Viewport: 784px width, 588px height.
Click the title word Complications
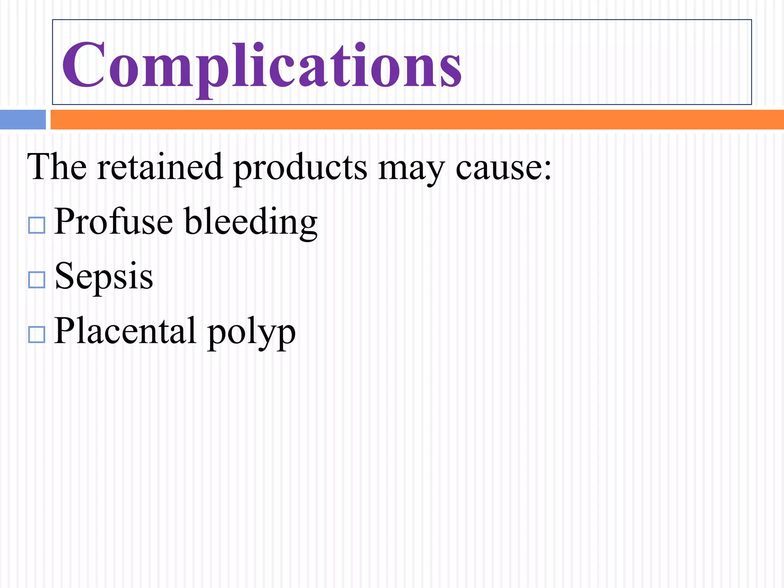coord(262,65)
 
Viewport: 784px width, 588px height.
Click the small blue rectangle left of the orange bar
coord(23,119)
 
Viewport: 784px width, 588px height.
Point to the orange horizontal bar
coord(416,119)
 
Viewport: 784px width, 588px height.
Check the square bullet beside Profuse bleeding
coord(37,225)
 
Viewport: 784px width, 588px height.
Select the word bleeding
coord(251,223)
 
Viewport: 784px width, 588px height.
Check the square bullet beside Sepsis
coord(37,280)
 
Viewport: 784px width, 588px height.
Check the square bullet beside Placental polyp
coord(37,335)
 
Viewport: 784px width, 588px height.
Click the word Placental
coord(125,331)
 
